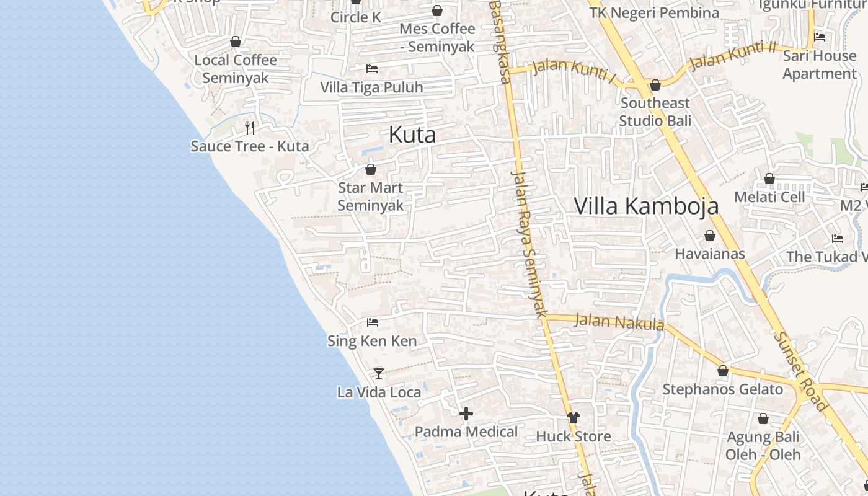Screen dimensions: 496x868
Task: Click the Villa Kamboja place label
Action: tap(646, 206)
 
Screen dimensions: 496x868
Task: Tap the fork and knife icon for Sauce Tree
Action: tap(250, 128)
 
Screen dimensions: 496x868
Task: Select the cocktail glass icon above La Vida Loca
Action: tap(379, 373)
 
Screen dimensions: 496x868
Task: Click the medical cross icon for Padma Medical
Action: tap(466, 413)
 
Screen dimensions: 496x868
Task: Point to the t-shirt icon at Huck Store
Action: tap(573, 418)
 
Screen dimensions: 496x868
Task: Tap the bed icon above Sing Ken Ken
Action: tap(372, 322)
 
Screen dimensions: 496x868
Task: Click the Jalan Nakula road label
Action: tap(619, 322)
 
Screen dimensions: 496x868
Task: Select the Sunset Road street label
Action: tap(801, 371)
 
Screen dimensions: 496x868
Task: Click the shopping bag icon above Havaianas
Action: tap(710, 236)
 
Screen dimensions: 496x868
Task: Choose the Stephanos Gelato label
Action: tap(722, 389)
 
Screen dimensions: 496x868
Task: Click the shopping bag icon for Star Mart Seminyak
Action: tap(371, 169)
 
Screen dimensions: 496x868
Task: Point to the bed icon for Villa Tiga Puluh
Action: tap(372, 68)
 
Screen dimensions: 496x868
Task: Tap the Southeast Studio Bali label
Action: tap(655, 112)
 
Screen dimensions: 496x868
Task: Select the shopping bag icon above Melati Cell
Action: tap(769, 179)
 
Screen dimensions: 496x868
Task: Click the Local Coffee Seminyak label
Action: tap(236, 69)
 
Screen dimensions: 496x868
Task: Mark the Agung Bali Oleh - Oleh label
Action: tap(763, 446)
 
